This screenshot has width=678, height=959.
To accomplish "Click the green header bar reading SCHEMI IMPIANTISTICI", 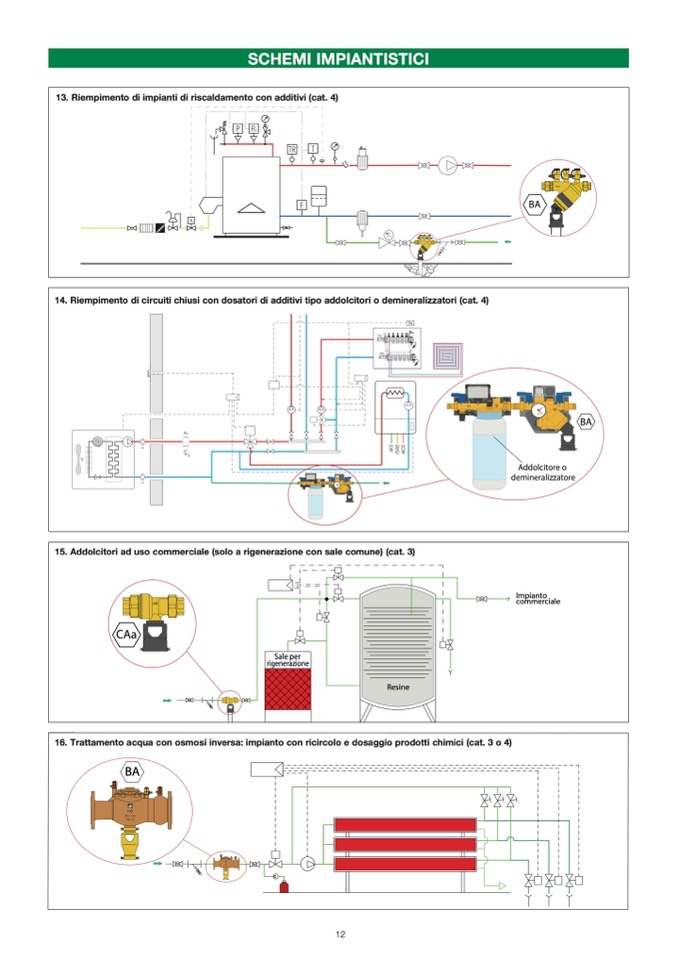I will click(x=338, y=58).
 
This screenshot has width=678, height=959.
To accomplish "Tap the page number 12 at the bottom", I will click(x=340, y=935).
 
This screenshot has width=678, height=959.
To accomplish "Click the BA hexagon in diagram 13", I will click(x=535, y=205).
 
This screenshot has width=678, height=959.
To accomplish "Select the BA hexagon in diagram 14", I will click(x=586, y=422).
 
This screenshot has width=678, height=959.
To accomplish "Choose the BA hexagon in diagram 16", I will click(x=131, y=771).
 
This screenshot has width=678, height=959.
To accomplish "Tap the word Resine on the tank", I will click(x=399, y=688).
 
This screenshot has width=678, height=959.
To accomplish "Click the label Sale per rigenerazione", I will click(x=285, y=661).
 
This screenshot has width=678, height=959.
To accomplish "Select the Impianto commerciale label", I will click(x=537, y=598).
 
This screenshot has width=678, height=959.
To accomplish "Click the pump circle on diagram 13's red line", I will click(x=450, y=164).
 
